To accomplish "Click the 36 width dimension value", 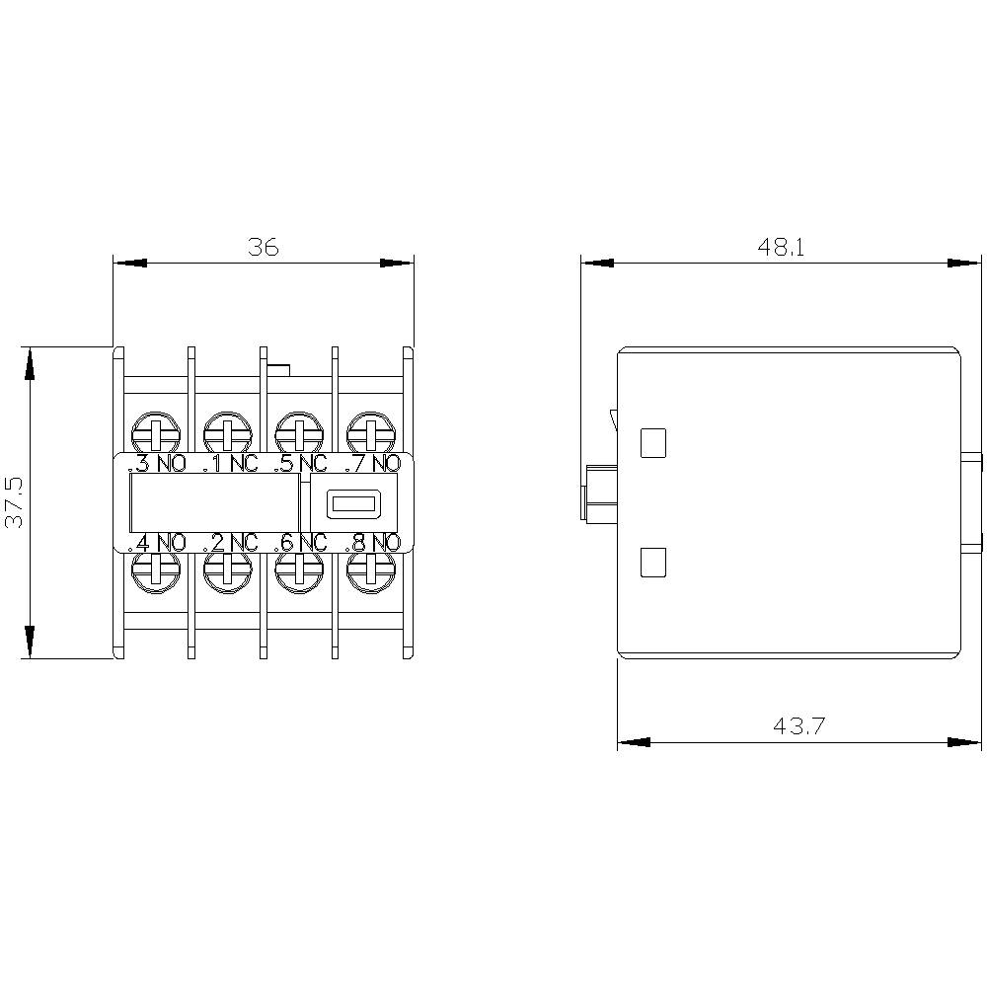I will [264, 247].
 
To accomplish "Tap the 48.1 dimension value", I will [781, 247].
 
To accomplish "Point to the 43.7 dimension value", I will [798, 727].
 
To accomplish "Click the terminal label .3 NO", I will [157, 464].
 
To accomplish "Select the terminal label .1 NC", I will [229, 464].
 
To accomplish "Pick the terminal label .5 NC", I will [300, 464].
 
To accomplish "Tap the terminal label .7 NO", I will [372, 464].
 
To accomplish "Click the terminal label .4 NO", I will [157, 542].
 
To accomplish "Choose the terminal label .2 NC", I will [229, 542].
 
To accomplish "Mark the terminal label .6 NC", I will [300, 542].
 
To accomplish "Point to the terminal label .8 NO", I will [372, 542].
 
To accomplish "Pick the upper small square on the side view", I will [653, 443].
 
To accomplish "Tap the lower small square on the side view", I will [653, 563].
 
